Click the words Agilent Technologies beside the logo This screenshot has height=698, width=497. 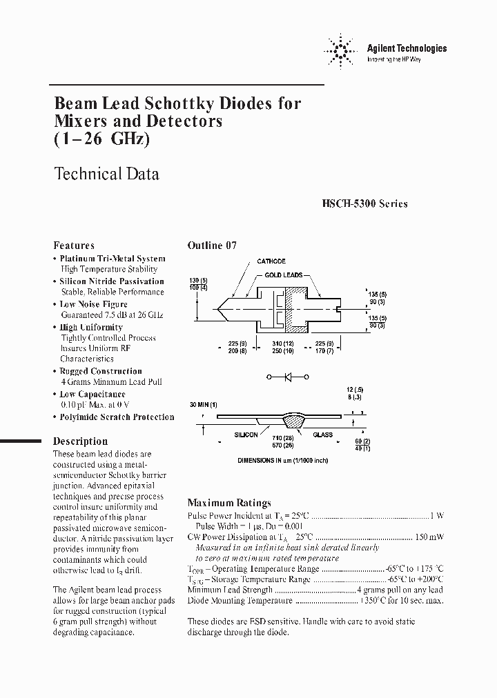(407, 48)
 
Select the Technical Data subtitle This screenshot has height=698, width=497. (106, 174)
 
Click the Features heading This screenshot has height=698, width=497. (74, 246)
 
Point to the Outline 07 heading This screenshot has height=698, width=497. (212, 246)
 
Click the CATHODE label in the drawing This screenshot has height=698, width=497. (271, 261)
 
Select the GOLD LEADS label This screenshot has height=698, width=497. (284, 275)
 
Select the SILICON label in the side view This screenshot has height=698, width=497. (246, 435)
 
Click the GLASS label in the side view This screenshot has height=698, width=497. (322, 435)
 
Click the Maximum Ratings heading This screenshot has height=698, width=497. (229, 503)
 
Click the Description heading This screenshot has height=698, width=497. (81, 441)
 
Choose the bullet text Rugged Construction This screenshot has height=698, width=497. (101, 371)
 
